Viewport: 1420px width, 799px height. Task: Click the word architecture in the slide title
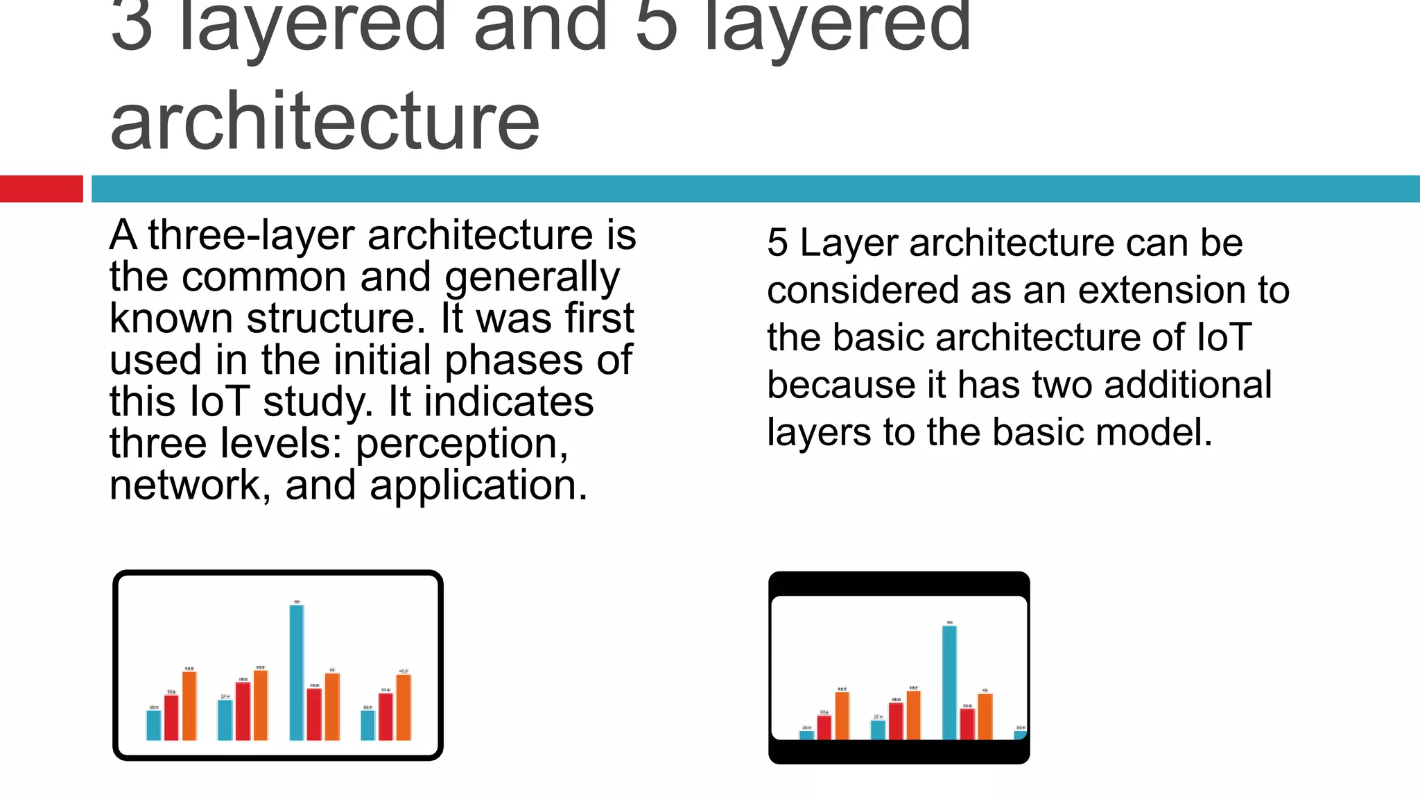(x=324, y=122)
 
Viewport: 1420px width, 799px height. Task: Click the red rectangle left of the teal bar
(x=41, y=189)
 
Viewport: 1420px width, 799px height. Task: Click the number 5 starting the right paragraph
(x=777, y=243)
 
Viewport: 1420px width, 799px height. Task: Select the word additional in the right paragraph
(x=1188, y=386)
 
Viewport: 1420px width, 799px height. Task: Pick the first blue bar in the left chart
(x=154, y=725)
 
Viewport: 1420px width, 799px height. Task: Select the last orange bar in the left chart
(x=404, y=707)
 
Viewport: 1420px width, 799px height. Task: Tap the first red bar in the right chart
(x=824, y=727)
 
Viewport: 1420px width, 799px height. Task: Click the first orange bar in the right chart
(x=842, y=715)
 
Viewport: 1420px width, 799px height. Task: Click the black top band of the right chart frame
(x=899, y=583)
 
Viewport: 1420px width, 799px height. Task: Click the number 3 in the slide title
(x=131, y=28)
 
